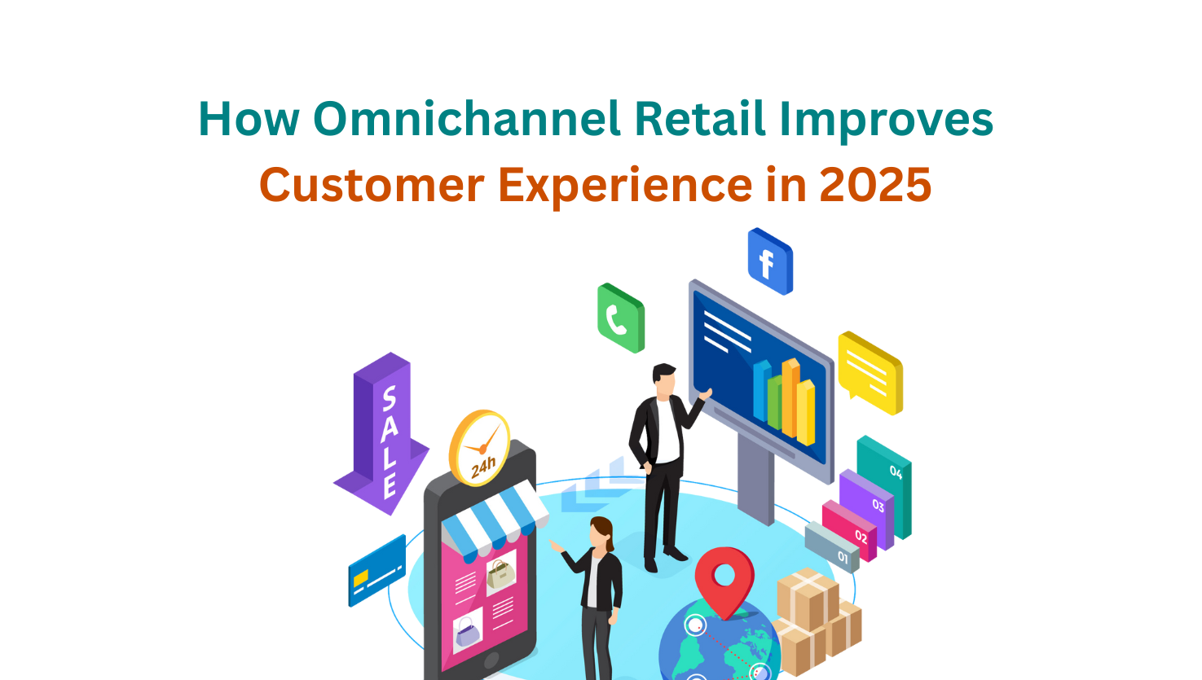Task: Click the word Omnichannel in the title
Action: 466,119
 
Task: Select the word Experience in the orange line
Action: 625,186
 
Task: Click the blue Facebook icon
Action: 770,261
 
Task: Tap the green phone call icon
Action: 621,318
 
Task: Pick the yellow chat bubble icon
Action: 870,373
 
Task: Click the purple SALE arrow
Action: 382,433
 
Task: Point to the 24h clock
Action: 480,449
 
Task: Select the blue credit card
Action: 376,571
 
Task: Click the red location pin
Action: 724,581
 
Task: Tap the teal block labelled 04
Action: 884,486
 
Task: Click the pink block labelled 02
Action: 850,531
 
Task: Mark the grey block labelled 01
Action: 832,547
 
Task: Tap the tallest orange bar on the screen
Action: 790,397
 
